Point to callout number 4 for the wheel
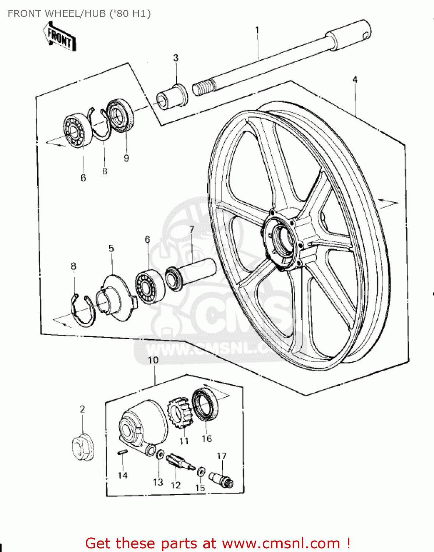(355, 79)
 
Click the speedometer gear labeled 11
(180, 414)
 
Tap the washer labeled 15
(201, 471)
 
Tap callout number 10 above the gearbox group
(153, 360)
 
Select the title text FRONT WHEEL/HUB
(79, 14)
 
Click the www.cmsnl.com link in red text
(281, 543)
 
